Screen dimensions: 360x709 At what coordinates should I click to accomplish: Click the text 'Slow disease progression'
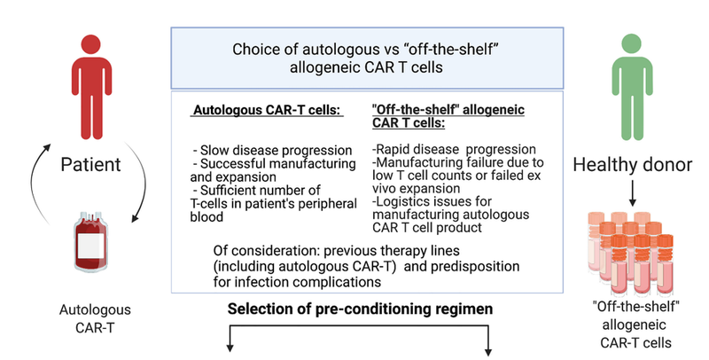(269, 147)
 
